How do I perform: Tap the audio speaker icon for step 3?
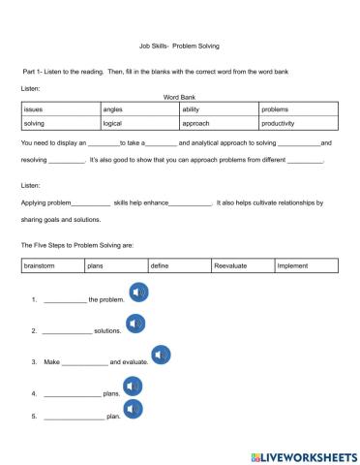tap(161, 356)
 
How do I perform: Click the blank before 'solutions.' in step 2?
tap(67, 331)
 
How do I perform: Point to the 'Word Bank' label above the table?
tap(180, 98)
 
